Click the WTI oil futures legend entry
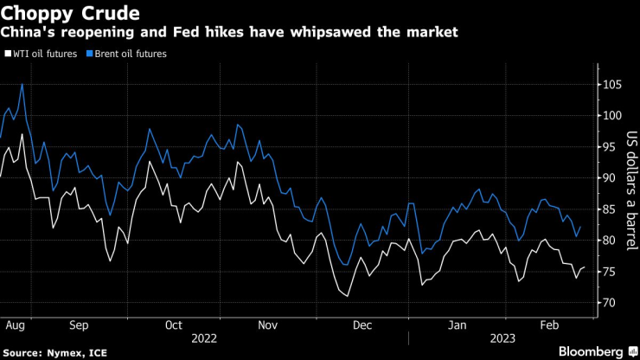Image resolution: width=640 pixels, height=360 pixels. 43,54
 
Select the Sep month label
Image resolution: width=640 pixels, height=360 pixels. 79,326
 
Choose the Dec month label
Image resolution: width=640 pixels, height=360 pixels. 362,326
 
